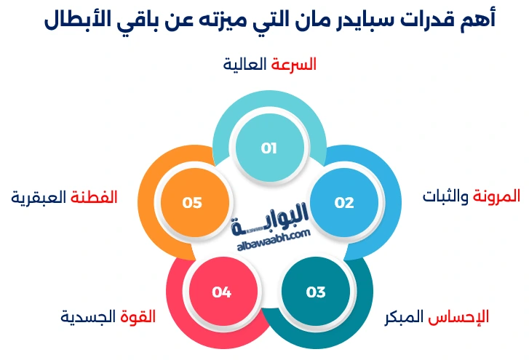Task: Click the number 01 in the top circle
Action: tap(269, 148)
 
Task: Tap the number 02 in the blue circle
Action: tap(343, 203)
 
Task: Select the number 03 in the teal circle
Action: tap(315, 292)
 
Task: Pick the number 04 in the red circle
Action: tap(221, 292)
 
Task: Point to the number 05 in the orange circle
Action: tap(192, 203)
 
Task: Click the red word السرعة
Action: tap(294, 64)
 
